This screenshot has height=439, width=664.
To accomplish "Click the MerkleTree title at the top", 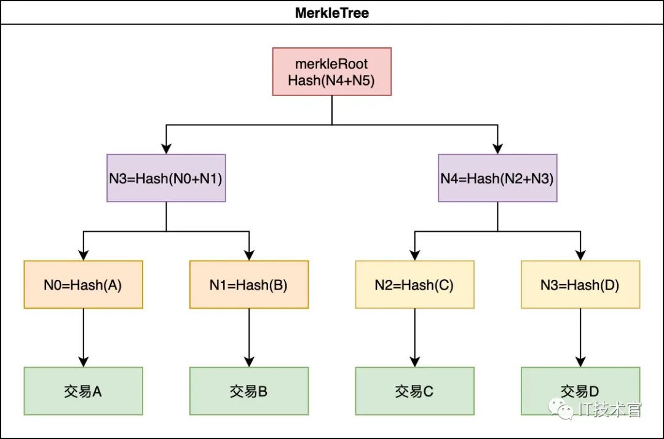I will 332,12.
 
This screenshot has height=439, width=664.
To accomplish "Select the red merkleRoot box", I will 332,71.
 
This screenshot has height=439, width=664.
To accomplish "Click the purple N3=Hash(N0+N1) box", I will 166,178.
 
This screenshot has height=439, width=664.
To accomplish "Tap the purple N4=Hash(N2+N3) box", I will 497,178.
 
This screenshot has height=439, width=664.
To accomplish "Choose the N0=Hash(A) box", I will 83,285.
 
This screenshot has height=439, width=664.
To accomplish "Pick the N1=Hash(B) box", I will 249,285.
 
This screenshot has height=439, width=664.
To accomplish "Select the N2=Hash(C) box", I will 414,285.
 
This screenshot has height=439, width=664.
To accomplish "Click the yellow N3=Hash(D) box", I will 580,285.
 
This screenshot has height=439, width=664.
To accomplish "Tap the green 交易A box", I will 83,391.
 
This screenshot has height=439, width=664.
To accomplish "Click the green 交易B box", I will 249,391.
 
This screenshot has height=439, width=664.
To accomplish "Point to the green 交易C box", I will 414,391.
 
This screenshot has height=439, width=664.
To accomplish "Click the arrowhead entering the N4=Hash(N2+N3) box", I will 497,148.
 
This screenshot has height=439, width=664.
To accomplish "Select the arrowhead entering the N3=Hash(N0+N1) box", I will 166,148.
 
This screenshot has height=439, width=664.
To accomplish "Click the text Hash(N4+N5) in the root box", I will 332,80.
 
